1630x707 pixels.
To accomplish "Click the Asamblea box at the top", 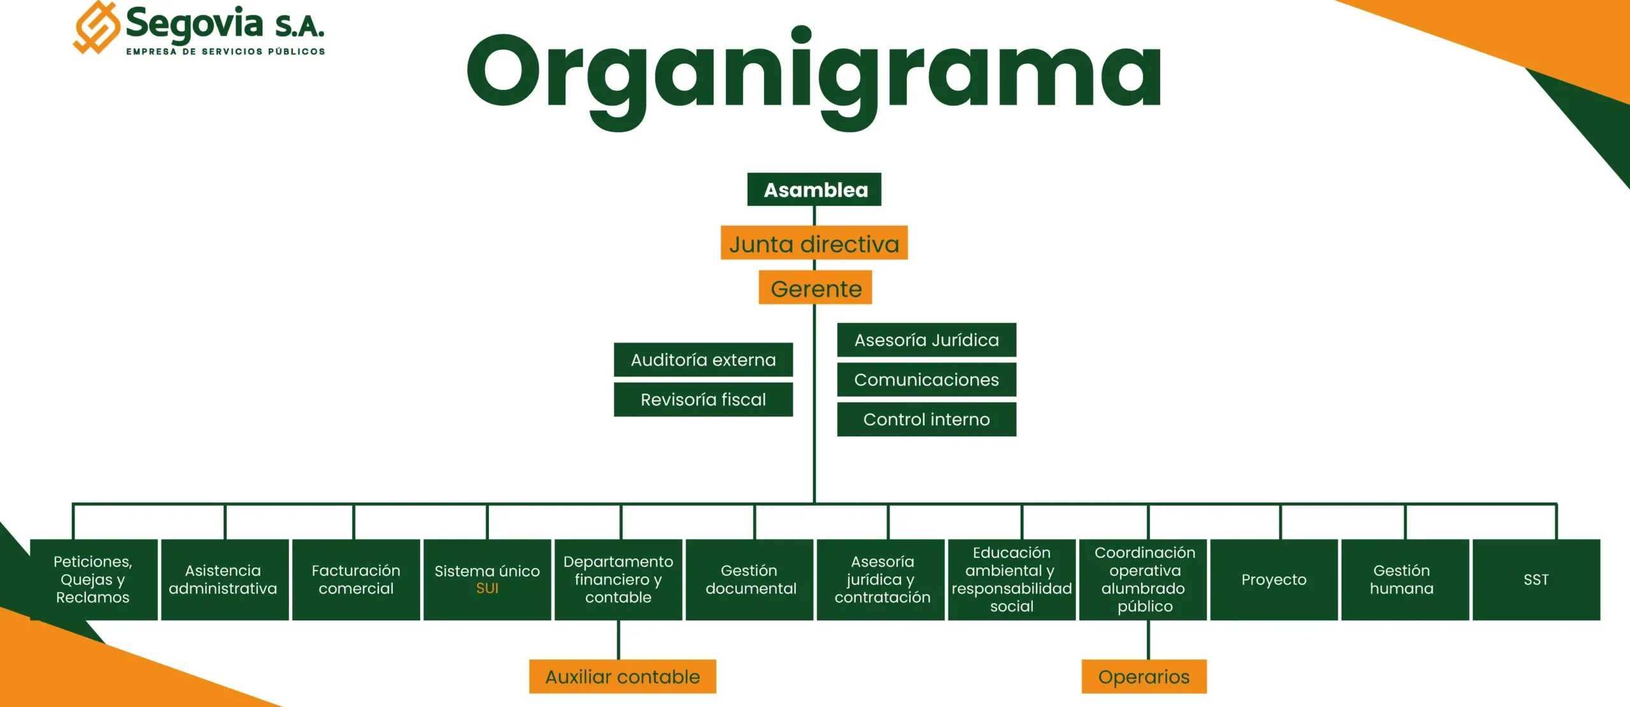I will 814,190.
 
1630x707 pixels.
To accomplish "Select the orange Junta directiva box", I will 814,243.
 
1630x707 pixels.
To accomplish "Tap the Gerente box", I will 815,289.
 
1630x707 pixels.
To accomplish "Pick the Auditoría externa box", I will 703,360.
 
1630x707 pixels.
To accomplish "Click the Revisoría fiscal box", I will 703,399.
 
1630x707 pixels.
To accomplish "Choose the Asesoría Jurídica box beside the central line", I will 926,340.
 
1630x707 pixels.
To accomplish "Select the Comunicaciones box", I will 926,380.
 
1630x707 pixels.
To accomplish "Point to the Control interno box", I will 926,419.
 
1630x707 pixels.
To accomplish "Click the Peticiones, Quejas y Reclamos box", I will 94,580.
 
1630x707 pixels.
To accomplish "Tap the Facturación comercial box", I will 356,580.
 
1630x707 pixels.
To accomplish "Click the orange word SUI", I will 487,589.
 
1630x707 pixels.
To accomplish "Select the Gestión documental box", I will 750,580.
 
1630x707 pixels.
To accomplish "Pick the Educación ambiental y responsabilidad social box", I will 1012,580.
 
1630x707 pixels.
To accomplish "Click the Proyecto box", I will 1273,580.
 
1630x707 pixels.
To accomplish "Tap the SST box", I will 1536,580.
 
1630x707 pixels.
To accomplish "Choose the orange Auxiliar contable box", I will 622,676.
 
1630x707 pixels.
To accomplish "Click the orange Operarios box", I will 1144,676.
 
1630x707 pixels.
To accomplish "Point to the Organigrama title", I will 814,73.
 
